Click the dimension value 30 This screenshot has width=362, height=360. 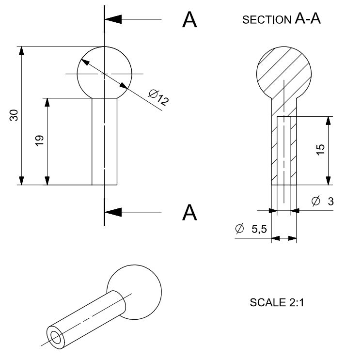pyautogui.click(x=14, y=115)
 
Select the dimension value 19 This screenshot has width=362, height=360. pyautogui.click(x=39, y=141)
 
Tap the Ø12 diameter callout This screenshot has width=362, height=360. pyautogui.click(x=158, y=97)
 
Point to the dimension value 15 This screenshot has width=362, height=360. pyautogui.click(x=320, y=150)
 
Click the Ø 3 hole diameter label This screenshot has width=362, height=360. pyautogui.click(x=322, y=201)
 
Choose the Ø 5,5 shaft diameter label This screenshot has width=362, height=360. pyautogui.click(x=251, y=229)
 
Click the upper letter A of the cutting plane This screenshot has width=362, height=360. pyautogui.click(x=189, y=20)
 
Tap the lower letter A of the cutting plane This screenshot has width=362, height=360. pyautogui.click(x=189, y=212)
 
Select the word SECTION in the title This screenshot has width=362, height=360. pyautogui.click(x=267, y=20)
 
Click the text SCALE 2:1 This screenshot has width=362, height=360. pyautogui.click(x=277, y=302)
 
